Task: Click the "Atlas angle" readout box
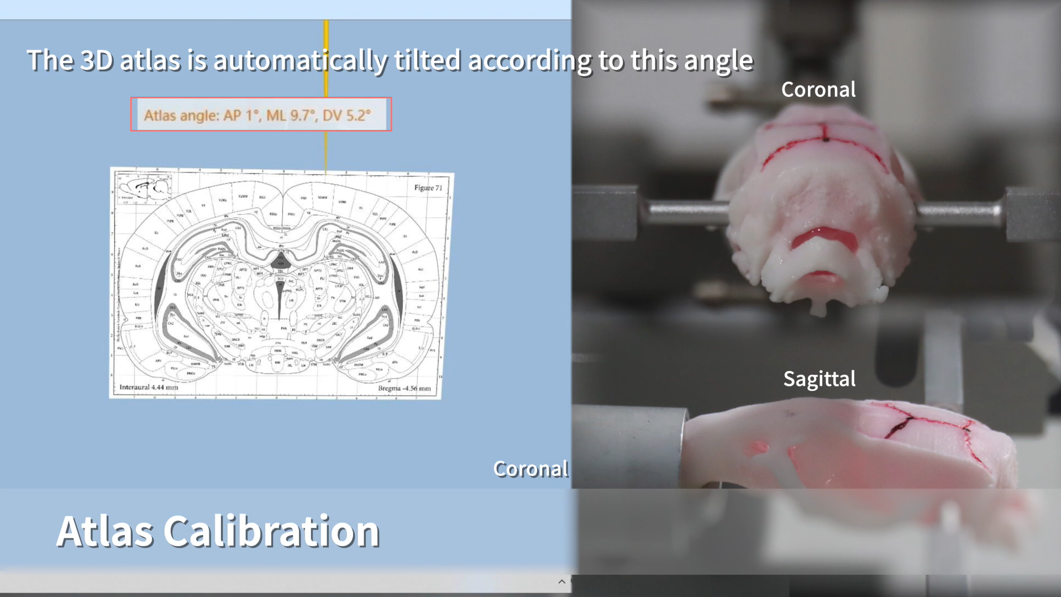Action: click(x=261, y=114)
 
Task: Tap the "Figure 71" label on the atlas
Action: click(x=428, y=188)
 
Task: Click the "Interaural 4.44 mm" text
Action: click(x=149, y=387)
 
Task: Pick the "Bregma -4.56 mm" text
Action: click(x=404, y=388)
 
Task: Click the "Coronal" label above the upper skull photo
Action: click(x=818, y=90)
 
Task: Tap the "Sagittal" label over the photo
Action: click(x=819, y=379)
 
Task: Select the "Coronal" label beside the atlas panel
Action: click(x=530, y=469)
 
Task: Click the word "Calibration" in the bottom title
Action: click(x=271, y=531)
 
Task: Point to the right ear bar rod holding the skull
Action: click(x=959, y=211)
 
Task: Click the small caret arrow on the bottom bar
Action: click(x=561, y=582)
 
